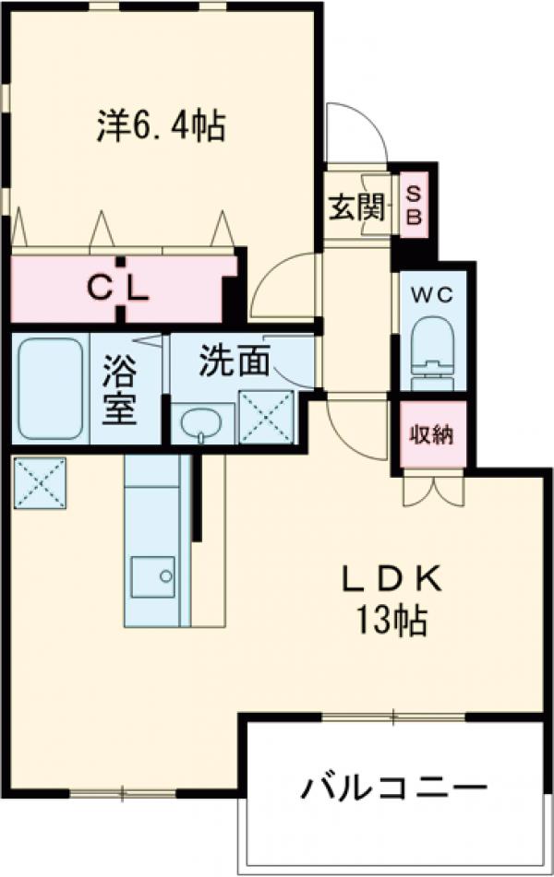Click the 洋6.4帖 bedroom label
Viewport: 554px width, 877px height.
pos(162,125)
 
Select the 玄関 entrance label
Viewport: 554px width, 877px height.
pos(355,208)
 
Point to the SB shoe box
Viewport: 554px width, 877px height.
pos(414,206)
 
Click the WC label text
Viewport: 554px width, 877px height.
pos(432,295)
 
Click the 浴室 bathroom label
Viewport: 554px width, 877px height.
pos(119,391)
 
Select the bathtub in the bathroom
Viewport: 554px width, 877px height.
pos(52,386)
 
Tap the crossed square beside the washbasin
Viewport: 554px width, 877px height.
pos(267,415)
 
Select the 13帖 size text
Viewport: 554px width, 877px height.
pos(393,623)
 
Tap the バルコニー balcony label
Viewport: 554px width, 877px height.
pos(393,789)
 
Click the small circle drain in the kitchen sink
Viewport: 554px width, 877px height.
pos(165,577)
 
